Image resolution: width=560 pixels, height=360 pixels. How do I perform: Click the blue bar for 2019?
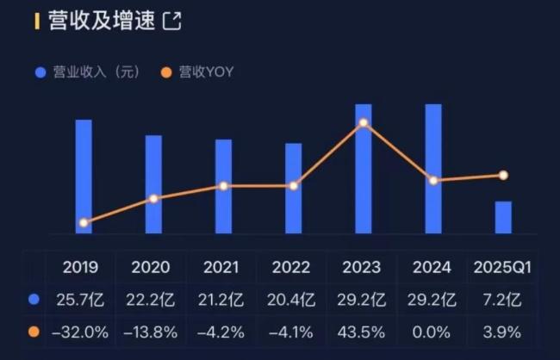coord(84,176)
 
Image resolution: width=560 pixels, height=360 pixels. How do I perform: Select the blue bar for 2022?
coord(294,188)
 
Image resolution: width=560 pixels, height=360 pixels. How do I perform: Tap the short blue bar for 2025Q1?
coord(503,217)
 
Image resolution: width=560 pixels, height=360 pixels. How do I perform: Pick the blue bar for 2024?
coord(433,168)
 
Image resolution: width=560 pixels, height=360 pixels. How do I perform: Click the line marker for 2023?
coord(364,122)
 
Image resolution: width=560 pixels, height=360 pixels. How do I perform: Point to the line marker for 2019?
coord(84,222)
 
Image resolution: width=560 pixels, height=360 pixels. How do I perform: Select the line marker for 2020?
coord(153,199)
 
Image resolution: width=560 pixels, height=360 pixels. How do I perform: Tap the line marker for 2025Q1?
coord(503,176)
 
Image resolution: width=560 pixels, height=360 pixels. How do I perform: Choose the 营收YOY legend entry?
coord(197,72)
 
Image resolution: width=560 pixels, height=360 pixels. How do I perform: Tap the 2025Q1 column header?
coord(502,268)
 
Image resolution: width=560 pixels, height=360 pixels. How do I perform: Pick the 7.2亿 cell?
coord(502,300)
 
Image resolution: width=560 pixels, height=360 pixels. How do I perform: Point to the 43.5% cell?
coord(362,332)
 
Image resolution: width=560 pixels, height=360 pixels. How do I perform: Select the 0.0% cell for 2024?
coord(432,332)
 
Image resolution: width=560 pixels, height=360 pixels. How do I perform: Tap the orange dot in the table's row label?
coord(34,332)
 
